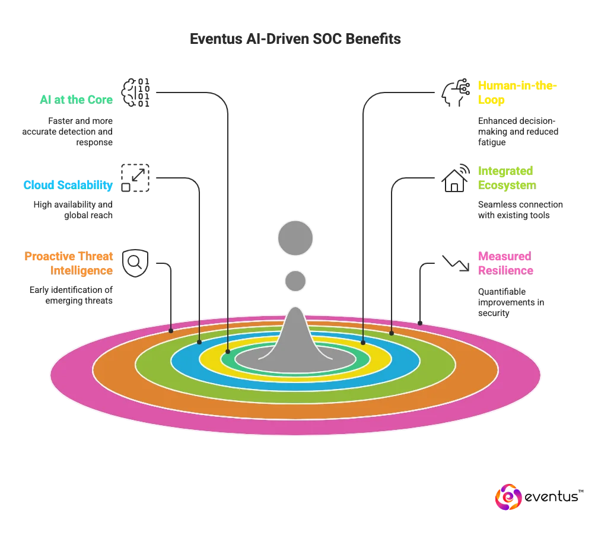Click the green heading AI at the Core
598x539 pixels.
[75, 100]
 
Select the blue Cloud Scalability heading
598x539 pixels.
[68, 185]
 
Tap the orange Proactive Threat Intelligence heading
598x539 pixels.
[69, 263]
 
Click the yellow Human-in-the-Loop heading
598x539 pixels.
[517, 93]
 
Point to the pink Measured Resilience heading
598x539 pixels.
[505, 263]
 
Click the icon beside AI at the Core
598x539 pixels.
[135, 93]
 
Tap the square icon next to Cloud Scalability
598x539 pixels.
[135, 177]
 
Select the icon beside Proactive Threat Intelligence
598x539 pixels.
[135, 263]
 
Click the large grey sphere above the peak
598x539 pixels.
[295, 238]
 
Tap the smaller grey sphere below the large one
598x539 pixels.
[295, 280]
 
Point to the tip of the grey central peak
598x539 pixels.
[295, 309]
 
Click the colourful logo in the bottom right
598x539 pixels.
[508, 497]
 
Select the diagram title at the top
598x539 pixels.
[296, 39]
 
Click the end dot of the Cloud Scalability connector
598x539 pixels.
[199, 342]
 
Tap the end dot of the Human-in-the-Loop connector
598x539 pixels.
[363, 342]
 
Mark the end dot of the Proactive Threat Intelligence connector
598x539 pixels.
[171, 330]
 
